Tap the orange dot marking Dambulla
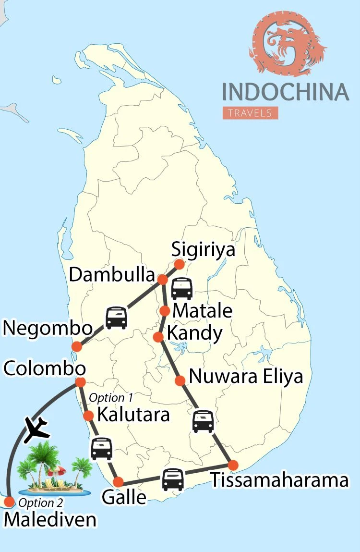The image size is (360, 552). pyautogui.click(x=162, y=279)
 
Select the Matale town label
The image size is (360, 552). pyautogui.click(x=202, y=311)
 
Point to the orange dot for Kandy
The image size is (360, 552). pyautogui.click(x=158, y=337)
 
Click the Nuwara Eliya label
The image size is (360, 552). pyautogui.click(x=246, y=377)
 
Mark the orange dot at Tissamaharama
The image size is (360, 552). pyautogui.click(x=233, y=465)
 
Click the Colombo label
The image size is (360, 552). pyautogui.click(x=45, y=369)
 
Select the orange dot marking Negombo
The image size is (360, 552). pyautogui.click(x=76, y=346)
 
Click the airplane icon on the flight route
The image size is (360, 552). pyautogui.click(x=36, y=429)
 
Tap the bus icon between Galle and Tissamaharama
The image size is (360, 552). pyautogui.click(x=173, y=479)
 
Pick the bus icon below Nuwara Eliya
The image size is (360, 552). pyautogui.click(x=203, y=421)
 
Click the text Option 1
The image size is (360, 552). pyautogui.click(x=111, y=398)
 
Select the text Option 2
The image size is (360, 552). pyautogui.click(x=40, y=503)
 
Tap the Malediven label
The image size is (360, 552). pyautogui.click(x=50, y=520)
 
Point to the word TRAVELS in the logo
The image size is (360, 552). pyautogui.click(x=250, y=113)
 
